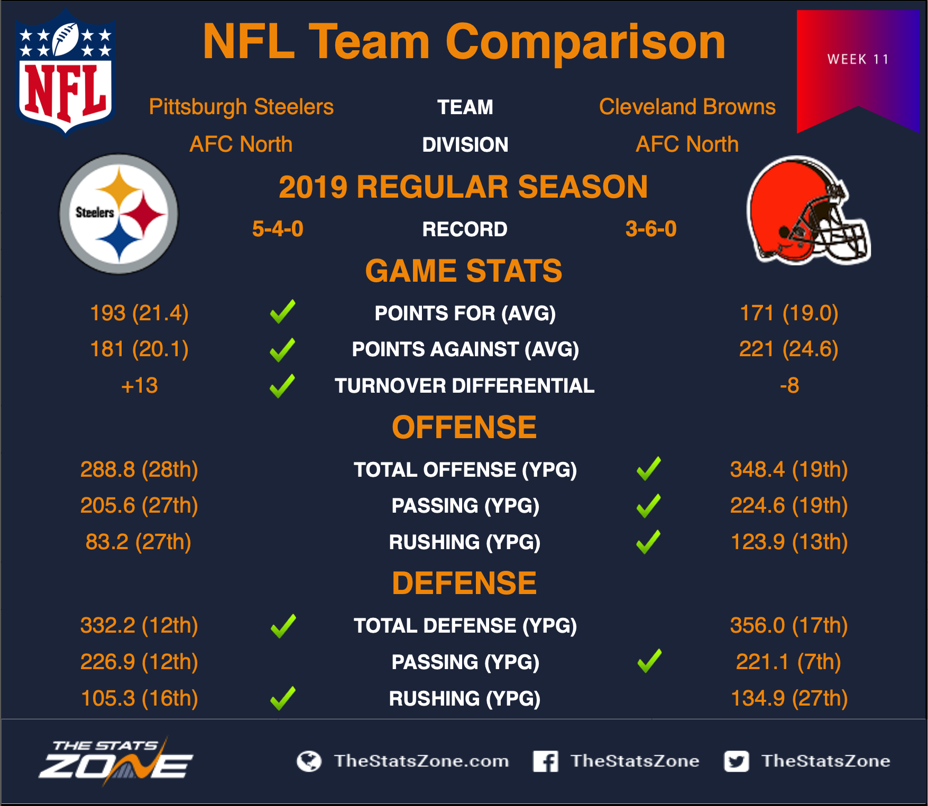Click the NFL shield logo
click(66, 72)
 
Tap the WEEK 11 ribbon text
click(858, 59)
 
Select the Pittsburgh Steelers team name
click(241, 107)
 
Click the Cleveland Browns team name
click(687, 107)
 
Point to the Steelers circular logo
click(119, 214)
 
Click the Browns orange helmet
click(807, 211)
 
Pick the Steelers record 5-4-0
click(278, 229)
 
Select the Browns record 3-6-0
click(651, 229)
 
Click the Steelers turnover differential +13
click(140, 386)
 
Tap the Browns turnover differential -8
click(789, 386)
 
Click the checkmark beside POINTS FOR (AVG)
click(283, 311)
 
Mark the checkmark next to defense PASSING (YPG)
click(649, 661)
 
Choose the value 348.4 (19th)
click(789, 469)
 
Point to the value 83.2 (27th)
click(139, 542)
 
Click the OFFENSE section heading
click(464, 427)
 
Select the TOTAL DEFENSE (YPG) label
click(465, 626)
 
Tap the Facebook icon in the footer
click(545, 761)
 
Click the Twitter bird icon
click(737, 761)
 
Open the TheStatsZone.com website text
click(421, 761)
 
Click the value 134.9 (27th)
click(789, 698)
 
